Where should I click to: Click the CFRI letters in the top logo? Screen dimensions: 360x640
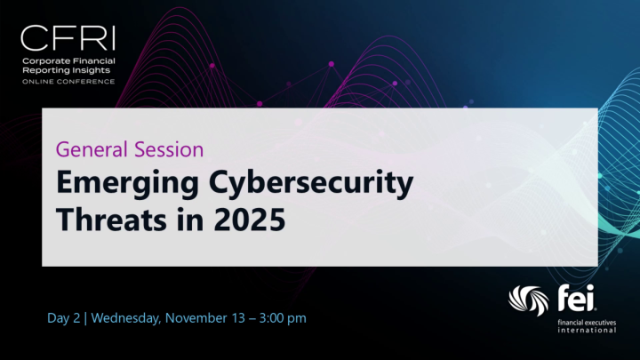[68, 39]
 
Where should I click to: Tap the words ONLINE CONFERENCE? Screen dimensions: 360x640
[68, 81]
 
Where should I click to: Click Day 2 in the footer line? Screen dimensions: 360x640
[66, 317]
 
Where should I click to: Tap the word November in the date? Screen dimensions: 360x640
[210, 317]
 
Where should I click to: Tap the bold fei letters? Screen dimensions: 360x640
[574, 296]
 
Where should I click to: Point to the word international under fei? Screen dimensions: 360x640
[583, 330]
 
